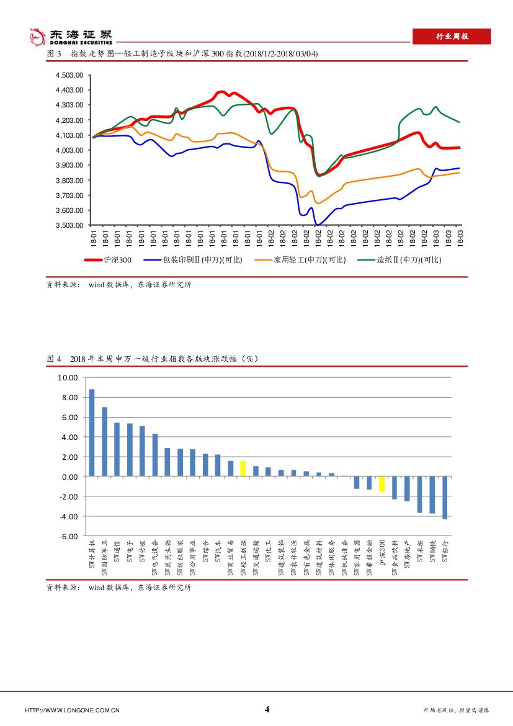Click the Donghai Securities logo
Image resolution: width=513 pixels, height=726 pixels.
tap(71, 37)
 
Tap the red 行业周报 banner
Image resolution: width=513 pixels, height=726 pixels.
tap(452, 37)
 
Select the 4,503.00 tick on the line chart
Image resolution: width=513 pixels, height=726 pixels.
tap(69, 75)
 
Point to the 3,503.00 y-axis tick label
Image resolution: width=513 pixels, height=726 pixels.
tap(69, 226)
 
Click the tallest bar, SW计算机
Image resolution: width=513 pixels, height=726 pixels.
tap(92, 432)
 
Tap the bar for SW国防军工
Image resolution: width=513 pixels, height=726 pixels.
tap(104, 442)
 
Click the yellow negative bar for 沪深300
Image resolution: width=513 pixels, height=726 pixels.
tap(381, 484)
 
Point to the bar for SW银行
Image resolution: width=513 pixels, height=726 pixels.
tap(445, 498)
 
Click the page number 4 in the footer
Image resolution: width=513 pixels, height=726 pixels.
tap(267, 710)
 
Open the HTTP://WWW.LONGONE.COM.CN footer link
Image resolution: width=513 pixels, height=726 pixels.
tap(72, 710)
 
